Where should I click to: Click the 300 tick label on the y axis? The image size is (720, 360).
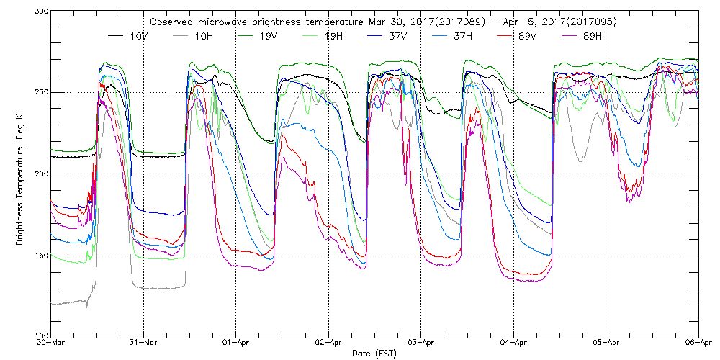click(x=40, y=12)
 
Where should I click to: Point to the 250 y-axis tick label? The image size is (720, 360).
click(x=40, y=93)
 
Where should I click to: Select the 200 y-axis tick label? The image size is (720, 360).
click(x=40, y=174)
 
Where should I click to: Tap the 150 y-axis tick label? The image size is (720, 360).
click(x=40, y=256)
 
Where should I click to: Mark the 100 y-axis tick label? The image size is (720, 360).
click(x=40, y=336)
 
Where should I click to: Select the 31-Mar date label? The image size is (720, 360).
click(x=144, y=344)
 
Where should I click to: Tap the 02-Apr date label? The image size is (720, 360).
click(x=328, y=344)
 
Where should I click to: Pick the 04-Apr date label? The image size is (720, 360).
click(x=513, y=344)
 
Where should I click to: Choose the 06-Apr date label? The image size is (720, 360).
click(x=698, y=344)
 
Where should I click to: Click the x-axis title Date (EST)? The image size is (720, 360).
click(x=374, y=354)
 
